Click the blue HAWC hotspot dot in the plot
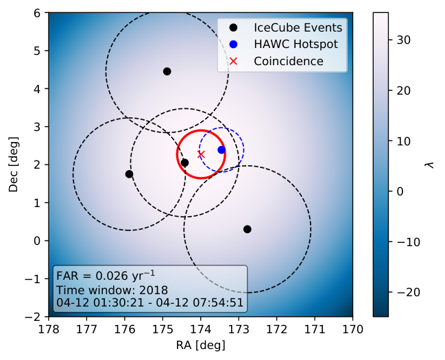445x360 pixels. [x=221, y=150]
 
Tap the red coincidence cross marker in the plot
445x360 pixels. [x=201, y=154]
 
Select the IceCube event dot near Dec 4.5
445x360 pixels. [x=167, y=71]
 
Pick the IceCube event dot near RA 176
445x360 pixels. [x=129, y=174]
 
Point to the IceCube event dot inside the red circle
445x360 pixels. [x=184, y=163]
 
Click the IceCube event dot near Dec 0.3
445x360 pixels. [x=248, y=229]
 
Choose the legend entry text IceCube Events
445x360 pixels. [x=298, y=27]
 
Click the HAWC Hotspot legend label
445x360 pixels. [x=296, y=44]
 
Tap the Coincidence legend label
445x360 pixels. [x=289, y=61]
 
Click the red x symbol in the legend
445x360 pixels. [x=233, y=61]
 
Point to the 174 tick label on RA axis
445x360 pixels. [x=201, y=329]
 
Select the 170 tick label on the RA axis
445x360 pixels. [x=352, y=329]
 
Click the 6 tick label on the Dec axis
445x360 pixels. [x=37, y=13]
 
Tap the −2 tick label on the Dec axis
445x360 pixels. [x=33, y=317]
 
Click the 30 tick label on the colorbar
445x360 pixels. [x=404, y=40]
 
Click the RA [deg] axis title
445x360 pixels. [x=201, y=345]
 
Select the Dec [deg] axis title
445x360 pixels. [x=13, y=165]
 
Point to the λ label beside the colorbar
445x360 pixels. [x=431, y=165]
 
